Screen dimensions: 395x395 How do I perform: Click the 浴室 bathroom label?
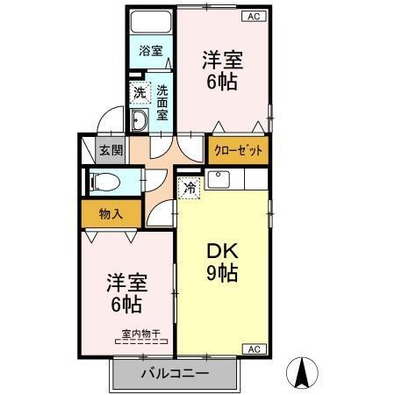coord(151,51)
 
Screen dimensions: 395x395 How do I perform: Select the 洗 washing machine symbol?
coord(140,91)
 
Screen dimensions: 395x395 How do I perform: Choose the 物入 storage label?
coord(110,212)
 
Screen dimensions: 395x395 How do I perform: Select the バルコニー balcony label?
coord(176,373)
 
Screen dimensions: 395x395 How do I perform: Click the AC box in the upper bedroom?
coord(253,15)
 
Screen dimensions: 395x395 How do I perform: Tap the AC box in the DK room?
coord(252,349)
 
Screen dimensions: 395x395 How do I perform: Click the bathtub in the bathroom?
coord(151,22)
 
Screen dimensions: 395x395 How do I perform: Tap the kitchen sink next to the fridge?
coord(219,181)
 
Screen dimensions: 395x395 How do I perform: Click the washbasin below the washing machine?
coord(140,120)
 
